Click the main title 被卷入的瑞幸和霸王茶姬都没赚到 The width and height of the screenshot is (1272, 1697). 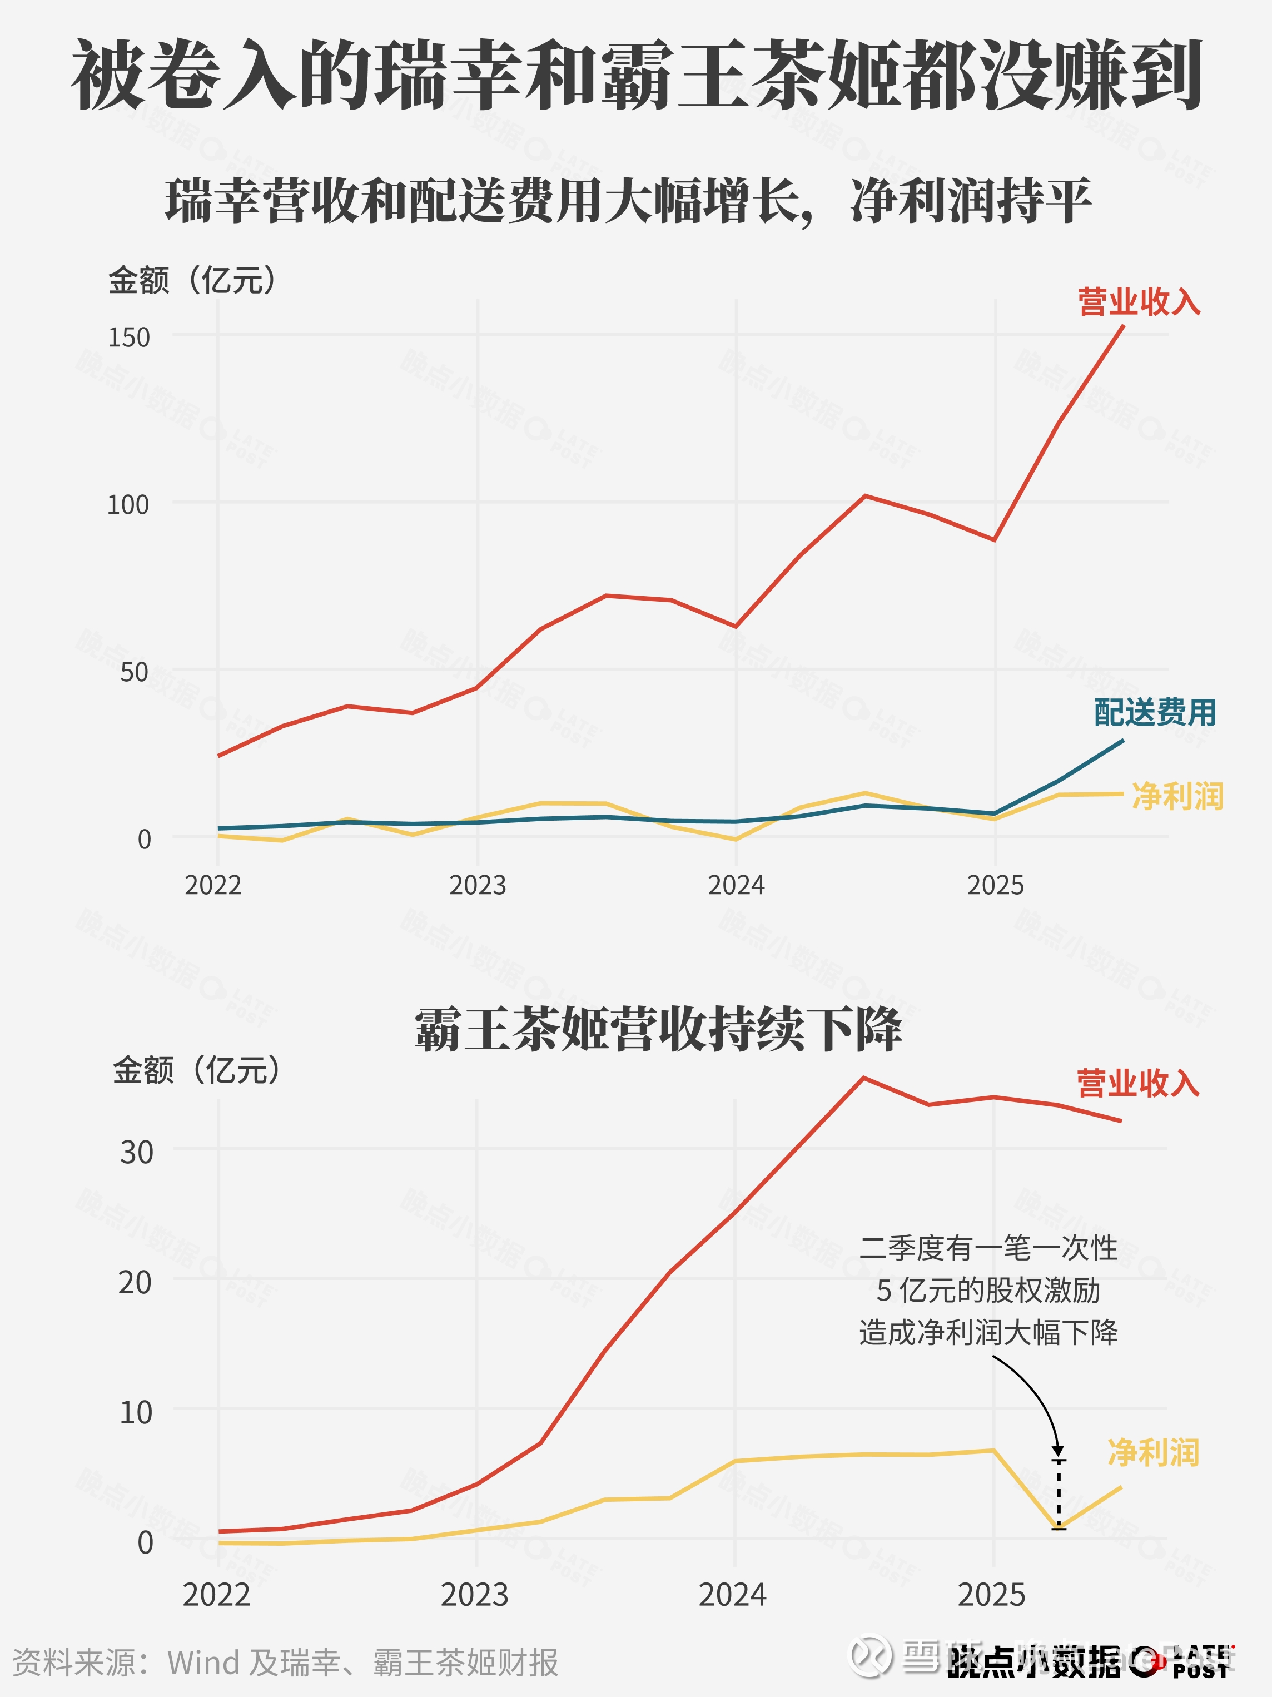(x=636, y=75)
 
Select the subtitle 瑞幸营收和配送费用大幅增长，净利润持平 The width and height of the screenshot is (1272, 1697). (x=628, y=201)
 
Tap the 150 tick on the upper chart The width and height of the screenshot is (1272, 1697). (x=129, y=337)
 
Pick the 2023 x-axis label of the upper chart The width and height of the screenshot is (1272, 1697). (x=477, y=885)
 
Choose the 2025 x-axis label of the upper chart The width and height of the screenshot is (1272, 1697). (x=995, y=885)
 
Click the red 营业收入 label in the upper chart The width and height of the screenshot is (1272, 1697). (x=1139, y=301)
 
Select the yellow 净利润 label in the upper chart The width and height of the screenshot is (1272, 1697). (x=1177, y=796)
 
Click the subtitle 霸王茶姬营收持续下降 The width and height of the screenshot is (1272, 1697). (x=658, y=1030)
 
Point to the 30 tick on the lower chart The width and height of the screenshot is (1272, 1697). (x=137, y=1152)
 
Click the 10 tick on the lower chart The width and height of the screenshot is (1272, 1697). (x=136, y=1412)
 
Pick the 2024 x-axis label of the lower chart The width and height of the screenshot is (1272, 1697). (x=732, y=1595)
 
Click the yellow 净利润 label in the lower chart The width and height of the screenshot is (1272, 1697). (x=1153, y=1453)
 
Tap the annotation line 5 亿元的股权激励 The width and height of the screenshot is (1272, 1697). (x=988, y=1291)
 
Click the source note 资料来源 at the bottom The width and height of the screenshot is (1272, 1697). (x=285, y=1663)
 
